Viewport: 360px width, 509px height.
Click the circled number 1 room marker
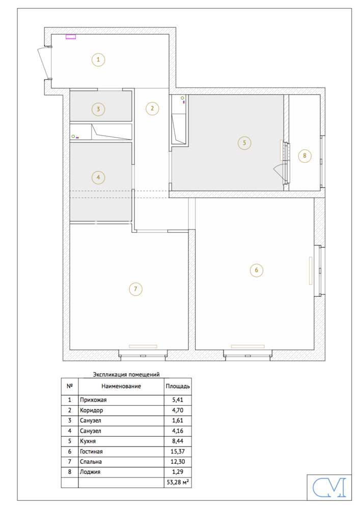[x=98, y=60]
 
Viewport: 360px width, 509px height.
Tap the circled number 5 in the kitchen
[x=244, y=143]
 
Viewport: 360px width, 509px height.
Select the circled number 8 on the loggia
[x=304, y=156]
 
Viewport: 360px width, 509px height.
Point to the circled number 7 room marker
[x=135, y=289]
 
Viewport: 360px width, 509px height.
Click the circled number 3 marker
[x=98, y=109]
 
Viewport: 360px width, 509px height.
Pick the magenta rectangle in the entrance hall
[x=71, y=37]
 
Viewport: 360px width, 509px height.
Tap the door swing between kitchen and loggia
[x=279, y=170]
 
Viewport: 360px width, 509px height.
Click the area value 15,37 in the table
[x=178, y=451]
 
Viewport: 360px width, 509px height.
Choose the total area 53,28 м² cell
[x=178, y=483]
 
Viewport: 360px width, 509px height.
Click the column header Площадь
[x=178, y=386]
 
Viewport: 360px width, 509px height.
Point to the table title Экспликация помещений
[x=126, y=375]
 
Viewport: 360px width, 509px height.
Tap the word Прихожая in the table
[x=93, y=400]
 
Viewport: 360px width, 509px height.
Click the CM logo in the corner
[x=329, y=487]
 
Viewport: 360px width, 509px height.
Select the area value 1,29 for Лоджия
[x=178, y=472]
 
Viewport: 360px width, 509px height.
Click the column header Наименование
[x=121, y=386]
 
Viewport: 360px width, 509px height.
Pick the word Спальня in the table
[x=91, y=462]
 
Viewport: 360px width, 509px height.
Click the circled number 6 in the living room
[x=257, y=270]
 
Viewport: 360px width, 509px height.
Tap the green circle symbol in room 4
[x=73, y=136]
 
